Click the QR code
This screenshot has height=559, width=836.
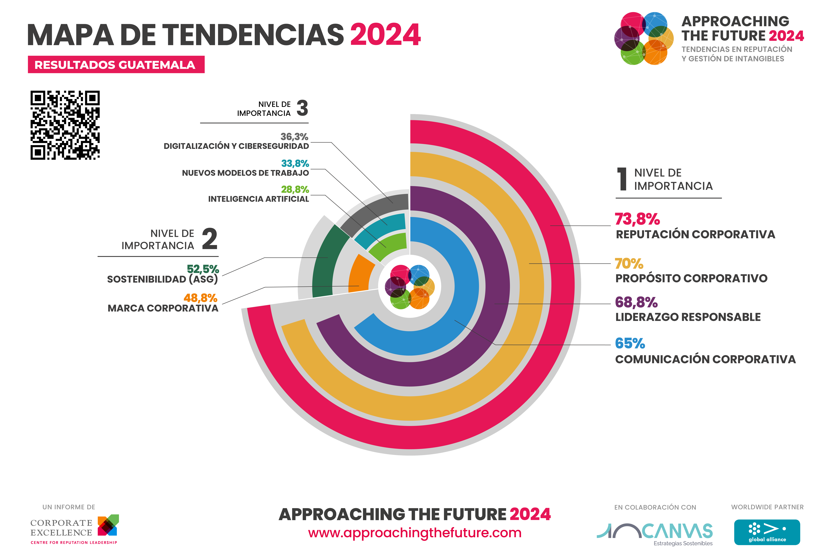point(65,125)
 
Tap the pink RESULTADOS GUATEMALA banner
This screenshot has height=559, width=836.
point(116,65)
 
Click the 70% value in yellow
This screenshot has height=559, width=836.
point(629,264)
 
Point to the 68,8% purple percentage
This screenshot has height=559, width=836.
point(636,302)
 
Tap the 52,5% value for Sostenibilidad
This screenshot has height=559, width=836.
point(203,269)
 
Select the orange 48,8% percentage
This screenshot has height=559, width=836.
point(200,298)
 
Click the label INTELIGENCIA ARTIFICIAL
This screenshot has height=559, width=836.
point(259,199)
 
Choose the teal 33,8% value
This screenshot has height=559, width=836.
point(295,163)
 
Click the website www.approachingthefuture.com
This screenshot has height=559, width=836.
point(415,533)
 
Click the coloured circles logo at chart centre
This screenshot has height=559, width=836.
point(410,287)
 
